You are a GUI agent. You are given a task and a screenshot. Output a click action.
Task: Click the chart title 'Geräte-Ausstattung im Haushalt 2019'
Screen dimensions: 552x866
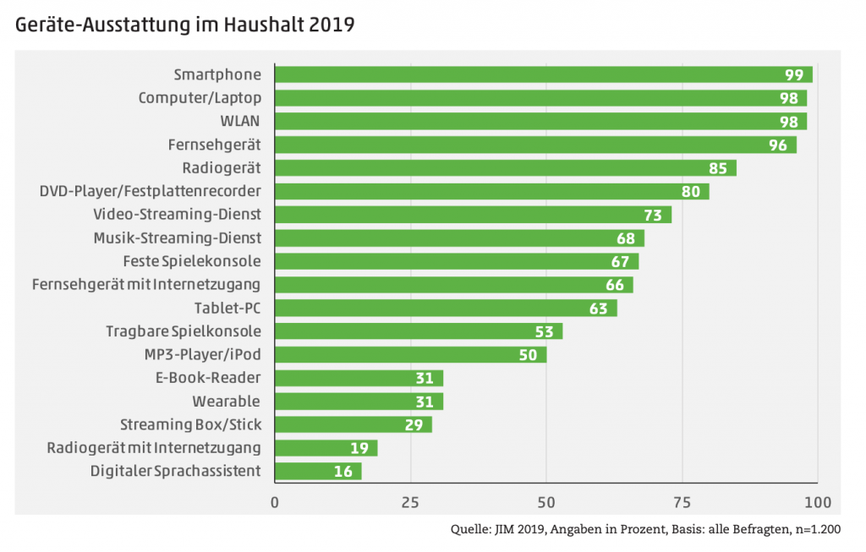[x=184, y=25]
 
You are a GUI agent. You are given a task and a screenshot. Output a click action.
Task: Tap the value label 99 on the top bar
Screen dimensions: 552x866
[x=795, y=75]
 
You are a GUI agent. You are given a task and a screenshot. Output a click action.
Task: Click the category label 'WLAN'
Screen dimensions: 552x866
[x=241, y=122]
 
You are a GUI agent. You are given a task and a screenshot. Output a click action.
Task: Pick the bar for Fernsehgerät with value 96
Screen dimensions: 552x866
[x=534, y=145]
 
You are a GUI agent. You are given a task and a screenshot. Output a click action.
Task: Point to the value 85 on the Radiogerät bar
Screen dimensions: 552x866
[x=718, y=168]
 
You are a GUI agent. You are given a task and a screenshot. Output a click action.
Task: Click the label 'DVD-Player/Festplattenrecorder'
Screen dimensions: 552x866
[x=150, y=191]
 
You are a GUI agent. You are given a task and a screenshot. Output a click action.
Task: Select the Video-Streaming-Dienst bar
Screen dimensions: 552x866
[x=472, y=215]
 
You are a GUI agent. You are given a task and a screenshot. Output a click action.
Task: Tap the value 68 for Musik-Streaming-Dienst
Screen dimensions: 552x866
[x=627, y=238]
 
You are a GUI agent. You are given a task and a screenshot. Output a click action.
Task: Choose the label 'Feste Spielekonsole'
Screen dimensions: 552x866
[x=191, y=261]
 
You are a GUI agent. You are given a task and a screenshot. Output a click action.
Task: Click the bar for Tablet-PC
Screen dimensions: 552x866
[x=445, y=308]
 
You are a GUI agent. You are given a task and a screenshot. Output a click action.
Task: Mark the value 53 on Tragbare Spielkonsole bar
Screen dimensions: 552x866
[x=545, y=331]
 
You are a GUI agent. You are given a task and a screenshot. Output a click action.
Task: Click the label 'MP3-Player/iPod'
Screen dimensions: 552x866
[x=203, y=354]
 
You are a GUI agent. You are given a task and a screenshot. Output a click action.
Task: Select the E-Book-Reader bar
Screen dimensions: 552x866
[x=359, y=378]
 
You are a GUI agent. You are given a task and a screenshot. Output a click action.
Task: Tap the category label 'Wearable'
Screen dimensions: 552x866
[x=226, y=401]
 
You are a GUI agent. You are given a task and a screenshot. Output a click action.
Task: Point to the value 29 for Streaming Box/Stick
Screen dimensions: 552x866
[x=414, y=424]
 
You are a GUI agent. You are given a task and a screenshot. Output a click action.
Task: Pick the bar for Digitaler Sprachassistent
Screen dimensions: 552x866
[x=318, y=471]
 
